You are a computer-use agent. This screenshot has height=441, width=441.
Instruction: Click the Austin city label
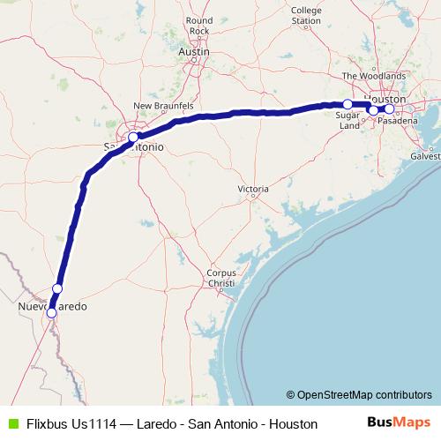tap(193, 53)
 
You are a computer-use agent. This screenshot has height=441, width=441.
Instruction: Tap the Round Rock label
tap(199, 26)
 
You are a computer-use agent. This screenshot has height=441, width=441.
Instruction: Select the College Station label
tap(306, 15)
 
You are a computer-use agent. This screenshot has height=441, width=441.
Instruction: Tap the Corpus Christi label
tap(220, 278)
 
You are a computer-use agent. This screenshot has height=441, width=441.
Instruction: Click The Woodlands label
tap(374, 77)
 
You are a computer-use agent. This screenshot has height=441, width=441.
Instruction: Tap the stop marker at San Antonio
tap(132, 138)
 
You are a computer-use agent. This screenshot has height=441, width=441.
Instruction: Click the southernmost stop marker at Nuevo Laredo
tap(51, 312)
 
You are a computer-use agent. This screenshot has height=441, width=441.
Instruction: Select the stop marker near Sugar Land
tap(348, 104)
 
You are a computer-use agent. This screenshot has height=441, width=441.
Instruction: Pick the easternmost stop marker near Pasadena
tap(389, 109)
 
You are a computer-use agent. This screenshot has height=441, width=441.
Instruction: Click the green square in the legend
tap(11, 424)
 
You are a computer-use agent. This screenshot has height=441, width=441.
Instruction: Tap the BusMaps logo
tap(400, 423)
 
